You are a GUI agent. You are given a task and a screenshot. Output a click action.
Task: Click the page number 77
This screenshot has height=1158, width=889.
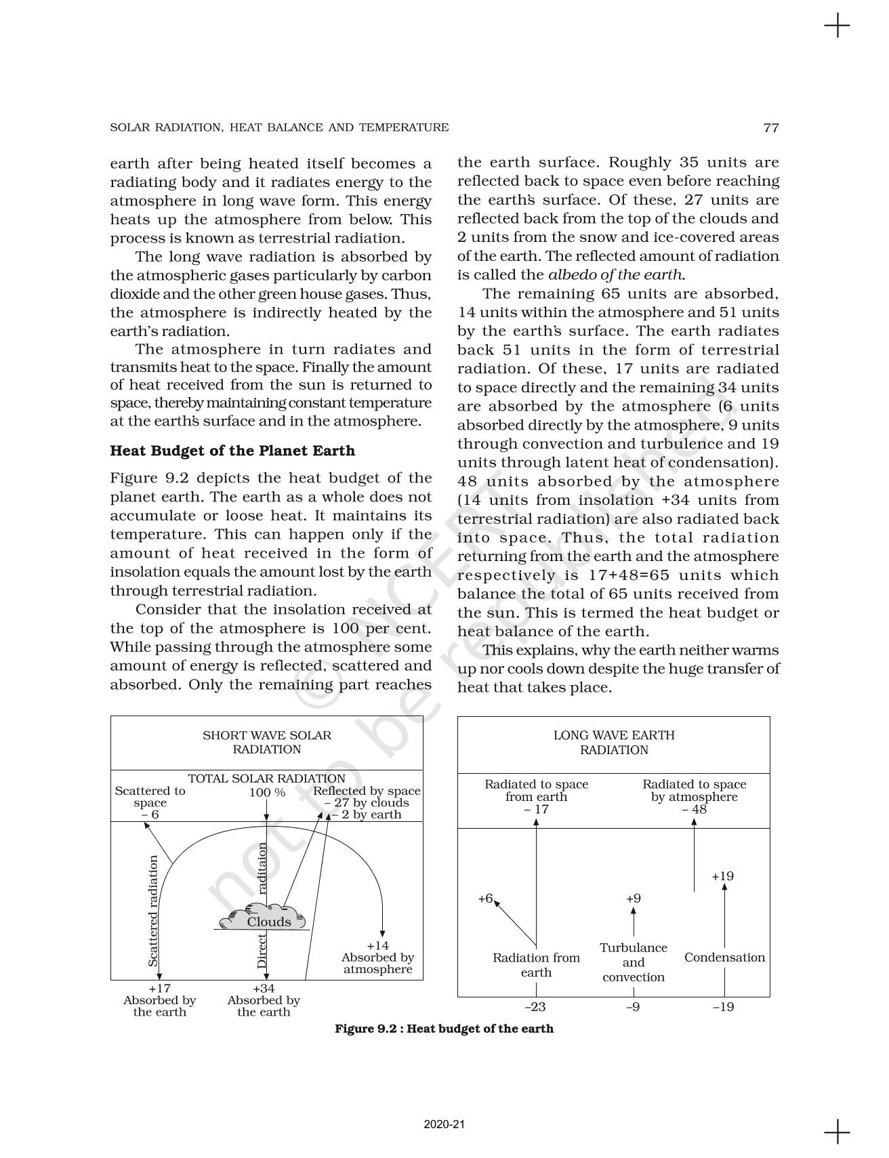(x=771, y=127)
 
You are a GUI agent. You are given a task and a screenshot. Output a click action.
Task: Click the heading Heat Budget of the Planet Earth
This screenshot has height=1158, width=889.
(x=232, y=451)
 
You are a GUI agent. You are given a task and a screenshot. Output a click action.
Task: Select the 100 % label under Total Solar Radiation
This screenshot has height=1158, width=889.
(x=267, y=792)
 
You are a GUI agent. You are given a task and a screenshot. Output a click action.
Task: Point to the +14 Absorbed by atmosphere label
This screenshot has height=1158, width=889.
(x=377, y=957)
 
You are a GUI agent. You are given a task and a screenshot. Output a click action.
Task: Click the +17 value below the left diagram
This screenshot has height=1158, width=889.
(x=159, y=989)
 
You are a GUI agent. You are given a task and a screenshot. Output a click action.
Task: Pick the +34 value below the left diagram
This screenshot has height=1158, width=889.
(x=264, y=989)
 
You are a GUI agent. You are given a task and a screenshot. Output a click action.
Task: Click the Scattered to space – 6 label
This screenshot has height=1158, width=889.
(x=150, y=802)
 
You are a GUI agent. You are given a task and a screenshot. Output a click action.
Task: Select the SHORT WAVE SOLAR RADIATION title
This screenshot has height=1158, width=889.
(x=267, y=742)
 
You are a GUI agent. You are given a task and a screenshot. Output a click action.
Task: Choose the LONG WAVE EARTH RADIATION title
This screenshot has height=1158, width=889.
(x=614, y=743)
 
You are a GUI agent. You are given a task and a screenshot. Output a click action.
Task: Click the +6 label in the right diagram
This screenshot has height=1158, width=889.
(x=485, y=898)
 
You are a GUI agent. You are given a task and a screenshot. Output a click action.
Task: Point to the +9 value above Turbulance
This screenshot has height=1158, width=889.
(x=634, y=898)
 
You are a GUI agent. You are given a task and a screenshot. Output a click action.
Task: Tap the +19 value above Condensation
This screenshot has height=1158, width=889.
(x=723, y=876)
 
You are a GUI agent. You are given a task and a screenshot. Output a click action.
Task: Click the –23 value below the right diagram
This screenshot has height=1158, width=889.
(x=535, y=1007)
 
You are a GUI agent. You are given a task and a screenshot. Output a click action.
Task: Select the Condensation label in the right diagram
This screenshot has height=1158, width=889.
(x=724, y=957)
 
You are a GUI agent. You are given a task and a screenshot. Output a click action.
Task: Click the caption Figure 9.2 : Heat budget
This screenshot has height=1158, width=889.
(x=444, y=1029)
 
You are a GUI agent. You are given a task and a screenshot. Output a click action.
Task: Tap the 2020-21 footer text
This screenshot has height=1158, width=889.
(x=444, y=1124)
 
